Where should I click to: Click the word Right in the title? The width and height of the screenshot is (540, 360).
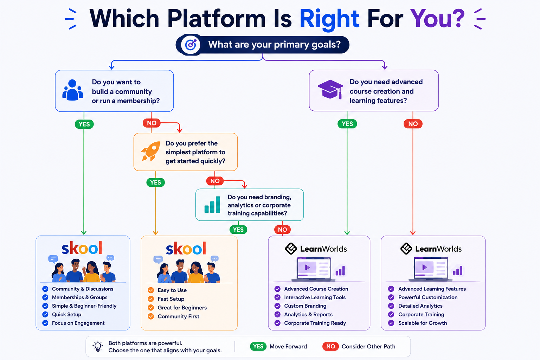tap(329, 19)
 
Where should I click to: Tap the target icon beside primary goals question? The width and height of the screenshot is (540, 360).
tap(191, 45)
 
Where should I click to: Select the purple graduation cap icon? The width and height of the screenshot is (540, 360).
tap(330, 89)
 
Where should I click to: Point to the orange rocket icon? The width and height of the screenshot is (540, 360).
tap(150, 151)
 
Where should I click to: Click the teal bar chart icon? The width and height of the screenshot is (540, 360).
tap(212, 205)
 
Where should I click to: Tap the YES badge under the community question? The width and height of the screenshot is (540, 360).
tap(84, 124)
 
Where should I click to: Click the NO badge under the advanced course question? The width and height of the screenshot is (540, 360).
tap(413, 124)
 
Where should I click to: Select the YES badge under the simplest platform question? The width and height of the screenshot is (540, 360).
tap(155, 182)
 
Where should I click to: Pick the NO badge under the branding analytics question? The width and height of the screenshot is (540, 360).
tap(282, 230)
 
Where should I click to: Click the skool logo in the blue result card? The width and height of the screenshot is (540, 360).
tap(82, 248)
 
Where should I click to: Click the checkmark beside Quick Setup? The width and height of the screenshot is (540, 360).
tap(45, 314)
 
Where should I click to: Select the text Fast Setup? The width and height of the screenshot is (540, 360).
tap(171, 299)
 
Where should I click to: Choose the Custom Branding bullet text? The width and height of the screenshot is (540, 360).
tap(305, 306)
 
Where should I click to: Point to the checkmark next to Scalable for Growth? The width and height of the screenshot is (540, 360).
tap(391, 323)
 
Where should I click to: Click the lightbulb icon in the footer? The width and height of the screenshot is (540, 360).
tap(98, 346)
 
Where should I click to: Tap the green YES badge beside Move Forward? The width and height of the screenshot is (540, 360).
tap(258, 347)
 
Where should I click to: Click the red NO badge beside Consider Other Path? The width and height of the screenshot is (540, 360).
tap(330, 347)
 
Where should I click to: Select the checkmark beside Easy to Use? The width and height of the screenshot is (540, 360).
tap(151, 290)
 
